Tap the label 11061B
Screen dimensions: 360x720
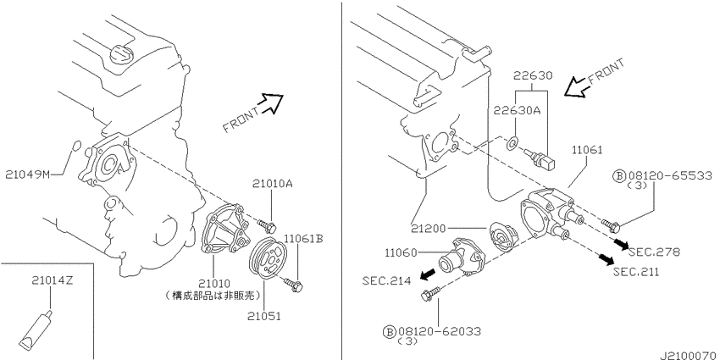(303, 239)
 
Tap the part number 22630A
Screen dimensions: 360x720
(518, 110)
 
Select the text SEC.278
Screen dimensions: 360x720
(656, 252)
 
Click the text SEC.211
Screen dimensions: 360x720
(636, 272)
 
